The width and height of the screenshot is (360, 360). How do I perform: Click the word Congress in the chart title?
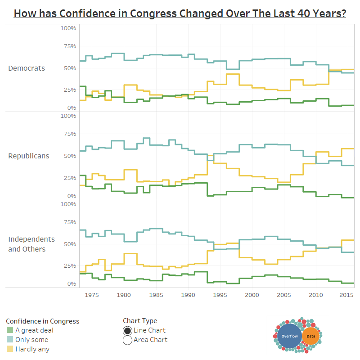coord(153,13)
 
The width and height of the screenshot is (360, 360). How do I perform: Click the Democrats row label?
coord(27,68)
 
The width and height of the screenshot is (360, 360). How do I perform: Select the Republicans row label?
coord(29,156)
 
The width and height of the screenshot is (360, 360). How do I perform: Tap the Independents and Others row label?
coord(31,244)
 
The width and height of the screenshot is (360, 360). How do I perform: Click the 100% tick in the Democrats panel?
coord(68,28)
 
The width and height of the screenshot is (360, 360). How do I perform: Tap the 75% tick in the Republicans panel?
coord(69,134)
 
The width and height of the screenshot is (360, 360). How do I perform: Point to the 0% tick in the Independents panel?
coord(72,284)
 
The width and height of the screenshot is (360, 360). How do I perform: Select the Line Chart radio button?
coord(127,331)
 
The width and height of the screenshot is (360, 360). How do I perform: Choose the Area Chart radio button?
coord(127,340)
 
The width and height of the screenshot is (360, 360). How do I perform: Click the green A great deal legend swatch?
coord(9,330)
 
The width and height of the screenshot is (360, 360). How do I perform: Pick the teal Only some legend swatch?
coord(9,340)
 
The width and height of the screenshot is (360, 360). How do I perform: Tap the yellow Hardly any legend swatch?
coord(9,349)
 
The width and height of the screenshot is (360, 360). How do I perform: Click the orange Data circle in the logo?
coord(311,336)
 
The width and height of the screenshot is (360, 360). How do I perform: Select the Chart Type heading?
coord(140,321)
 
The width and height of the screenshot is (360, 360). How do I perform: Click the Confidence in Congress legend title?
coord(42,321)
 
